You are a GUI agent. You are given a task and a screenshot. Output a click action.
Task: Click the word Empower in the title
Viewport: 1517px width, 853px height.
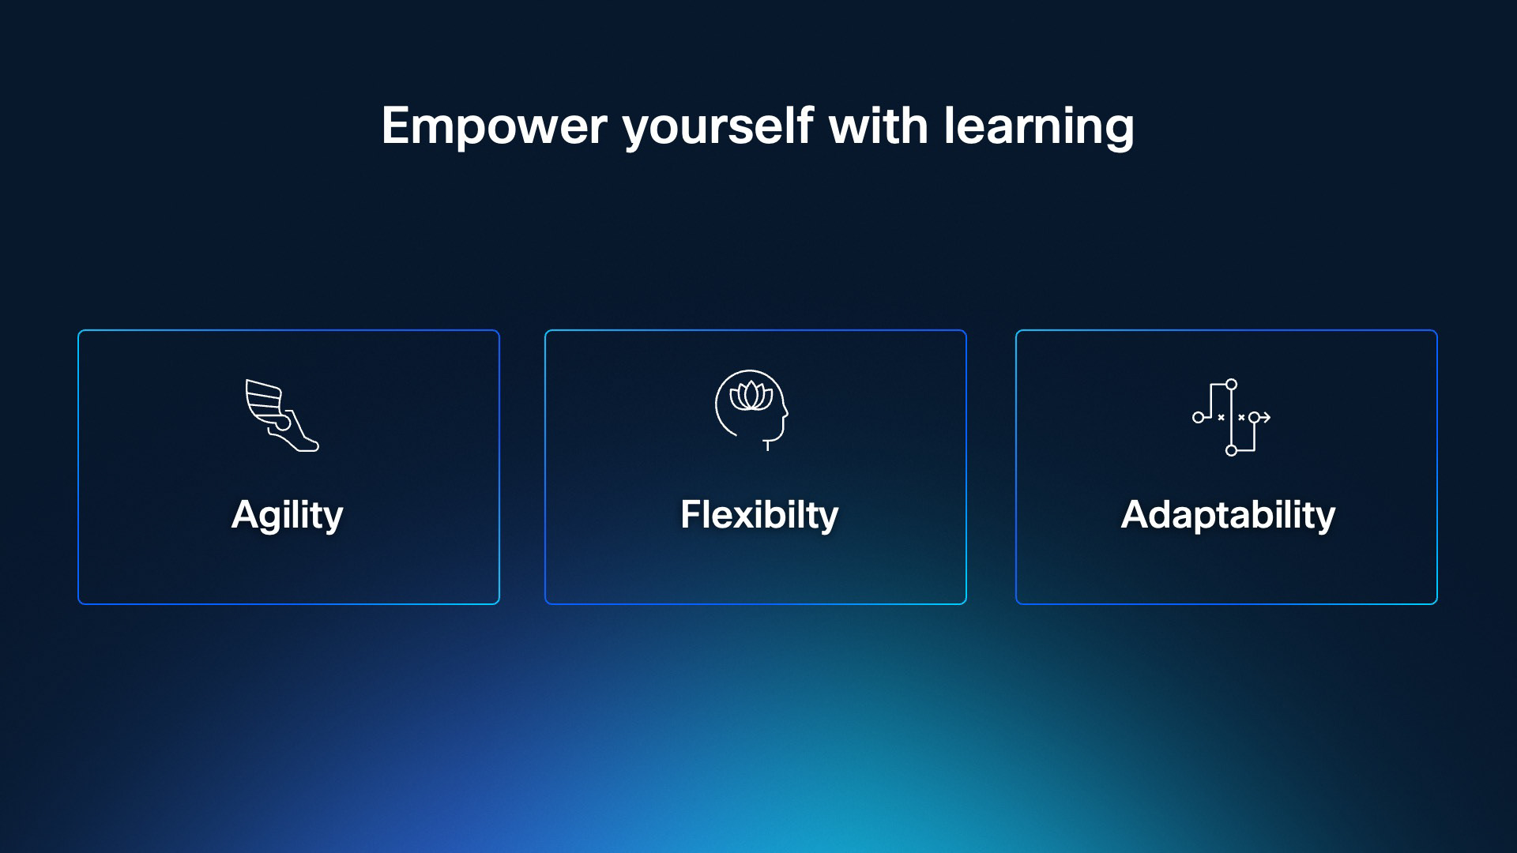[494, 126]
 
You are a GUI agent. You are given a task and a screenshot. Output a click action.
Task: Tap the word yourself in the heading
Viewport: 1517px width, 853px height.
[718, 126]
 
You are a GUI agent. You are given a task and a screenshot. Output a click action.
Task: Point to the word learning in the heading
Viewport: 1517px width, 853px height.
[1038, 126]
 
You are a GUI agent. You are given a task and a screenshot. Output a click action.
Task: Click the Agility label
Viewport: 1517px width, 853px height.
[288, 515]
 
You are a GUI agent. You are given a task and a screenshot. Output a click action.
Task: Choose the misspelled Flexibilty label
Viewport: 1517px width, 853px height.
[759, 515]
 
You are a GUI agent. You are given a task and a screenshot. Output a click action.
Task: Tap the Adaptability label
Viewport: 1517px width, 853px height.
[1228, 515]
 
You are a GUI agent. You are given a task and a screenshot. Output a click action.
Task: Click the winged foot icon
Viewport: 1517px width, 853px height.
[282, 415]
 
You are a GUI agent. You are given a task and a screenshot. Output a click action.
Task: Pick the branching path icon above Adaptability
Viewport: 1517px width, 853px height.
[1231, 417]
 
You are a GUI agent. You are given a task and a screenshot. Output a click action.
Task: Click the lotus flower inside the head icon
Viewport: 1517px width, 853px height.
[751, 395]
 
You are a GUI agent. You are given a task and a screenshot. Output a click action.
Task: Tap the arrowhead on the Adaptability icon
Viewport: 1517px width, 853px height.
[1266, 417]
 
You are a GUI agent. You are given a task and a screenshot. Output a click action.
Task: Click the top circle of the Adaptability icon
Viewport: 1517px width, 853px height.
[1231, 385]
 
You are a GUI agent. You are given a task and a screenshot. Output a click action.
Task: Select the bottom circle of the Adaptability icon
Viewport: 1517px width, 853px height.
[1231, 450]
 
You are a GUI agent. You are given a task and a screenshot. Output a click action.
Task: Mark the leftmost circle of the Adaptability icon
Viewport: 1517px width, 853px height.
[1198, 417]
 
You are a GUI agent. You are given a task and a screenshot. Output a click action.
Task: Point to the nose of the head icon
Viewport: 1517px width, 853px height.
[785, 411]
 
